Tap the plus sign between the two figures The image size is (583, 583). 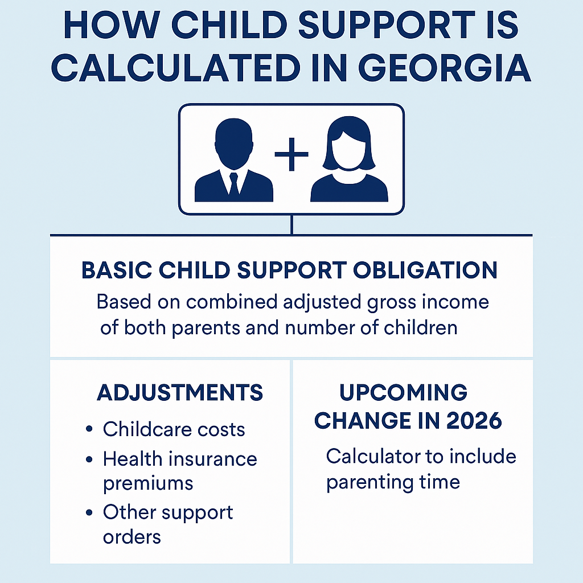(291, 154)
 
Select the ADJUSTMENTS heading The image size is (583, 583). (180, 392)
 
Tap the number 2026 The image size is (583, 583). (474, 420)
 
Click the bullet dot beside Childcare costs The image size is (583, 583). (89, 429)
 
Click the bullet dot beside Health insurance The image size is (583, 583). (89, 459)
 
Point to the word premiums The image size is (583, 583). (148, 483)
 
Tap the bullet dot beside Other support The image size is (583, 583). (89, 513)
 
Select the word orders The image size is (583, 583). (132, 536)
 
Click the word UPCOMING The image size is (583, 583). (403, 392)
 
